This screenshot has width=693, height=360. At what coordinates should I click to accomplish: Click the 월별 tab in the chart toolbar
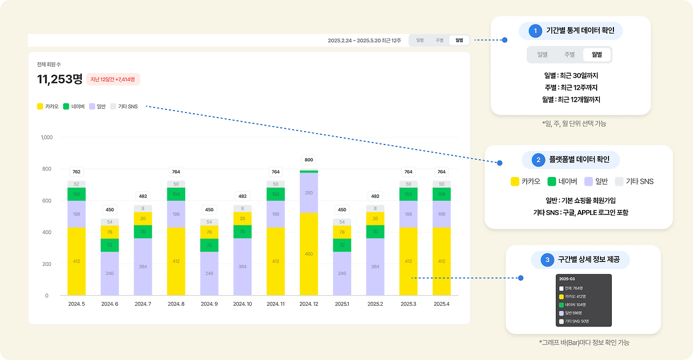point(459,40)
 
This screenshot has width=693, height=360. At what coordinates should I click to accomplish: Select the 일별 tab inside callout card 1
point(542,55)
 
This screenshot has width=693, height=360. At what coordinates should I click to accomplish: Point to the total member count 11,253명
point(60,79)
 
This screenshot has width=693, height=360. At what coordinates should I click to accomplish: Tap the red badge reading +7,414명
point(113,79)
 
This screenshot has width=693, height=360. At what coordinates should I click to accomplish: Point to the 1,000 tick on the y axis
point(47,138)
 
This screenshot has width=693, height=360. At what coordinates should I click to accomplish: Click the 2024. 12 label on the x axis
point(309,304)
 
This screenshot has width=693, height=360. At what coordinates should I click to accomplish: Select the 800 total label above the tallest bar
point(309,160)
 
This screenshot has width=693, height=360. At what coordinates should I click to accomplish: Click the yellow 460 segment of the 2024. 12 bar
point(309,253)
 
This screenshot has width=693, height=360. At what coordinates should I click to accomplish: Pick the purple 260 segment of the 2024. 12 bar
point(309,193)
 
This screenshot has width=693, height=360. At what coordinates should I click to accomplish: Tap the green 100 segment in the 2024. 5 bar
point(76,194)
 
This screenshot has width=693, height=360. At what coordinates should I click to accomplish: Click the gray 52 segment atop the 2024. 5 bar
point(76,184)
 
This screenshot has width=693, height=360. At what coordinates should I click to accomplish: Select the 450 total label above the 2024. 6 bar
point(109,210)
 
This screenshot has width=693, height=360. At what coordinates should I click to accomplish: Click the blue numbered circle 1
point(535,31)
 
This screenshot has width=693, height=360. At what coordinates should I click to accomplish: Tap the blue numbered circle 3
point(548,260)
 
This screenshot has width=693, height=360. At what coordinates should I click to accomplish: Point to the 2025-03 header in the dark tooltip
point(567,279)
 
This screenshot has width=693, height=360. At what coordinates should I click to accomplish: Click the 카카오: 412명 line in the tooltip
point(577,296)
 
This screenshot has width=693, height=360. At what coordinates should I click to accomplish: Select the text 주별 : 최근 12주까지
point(571,88)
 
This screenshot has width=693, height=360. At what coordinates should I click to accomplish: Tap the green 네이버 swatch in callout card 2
point(552,181)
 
